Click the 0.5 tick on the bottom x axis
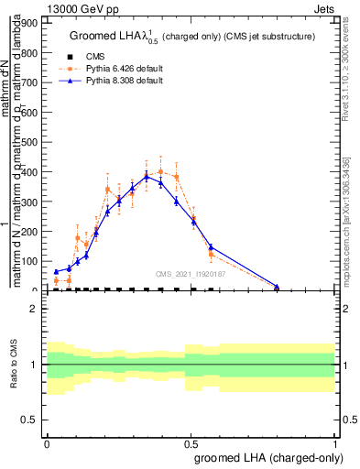pos(191,440)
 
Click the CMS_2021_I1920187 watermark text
pos(191,273)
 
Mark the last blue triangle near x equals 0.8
pos(277,287)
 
